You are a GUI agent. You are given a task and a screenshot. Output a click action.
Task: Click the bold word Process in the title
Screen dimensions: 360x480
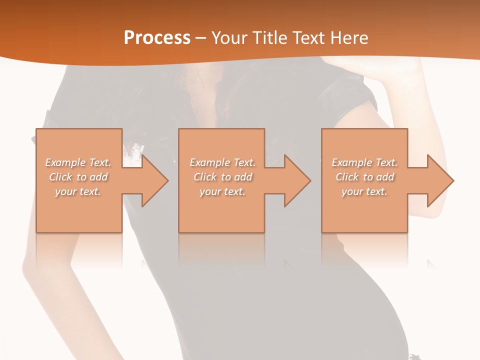pos(157,38)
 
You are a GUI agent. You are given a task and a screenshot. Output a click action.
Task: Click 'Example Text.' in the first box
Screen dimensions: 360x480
pos(78,162)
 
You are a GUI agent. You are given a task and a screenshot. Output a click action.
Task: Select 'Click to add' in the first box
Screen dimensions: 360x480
pos(78,177)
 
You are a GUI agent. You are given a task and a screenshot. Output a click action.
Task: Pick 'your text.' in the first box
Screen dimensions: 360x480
pos(78,191)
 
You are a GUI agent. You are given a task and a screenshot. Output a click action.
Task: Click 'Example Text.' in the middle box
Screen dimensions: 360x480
pos(222,162)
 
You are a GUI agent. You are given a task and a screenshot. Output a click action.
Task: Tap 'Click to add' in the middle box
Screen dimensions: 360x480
pos(222,177)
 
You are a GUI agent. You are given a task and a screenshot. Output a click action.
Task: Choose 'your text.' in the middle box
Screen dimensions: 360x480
pos(222,191)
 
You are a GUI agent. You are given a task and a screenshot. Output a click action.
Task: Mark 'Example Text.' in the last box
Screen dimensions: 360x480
pos(364,162)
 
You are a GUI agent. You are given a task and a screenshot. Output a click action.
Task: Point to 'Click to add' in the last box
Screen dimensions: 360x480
pos(364,177)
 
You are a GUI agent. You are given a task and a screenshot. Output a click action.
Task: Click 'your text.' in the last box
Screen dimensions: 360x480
pos(364,191)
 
